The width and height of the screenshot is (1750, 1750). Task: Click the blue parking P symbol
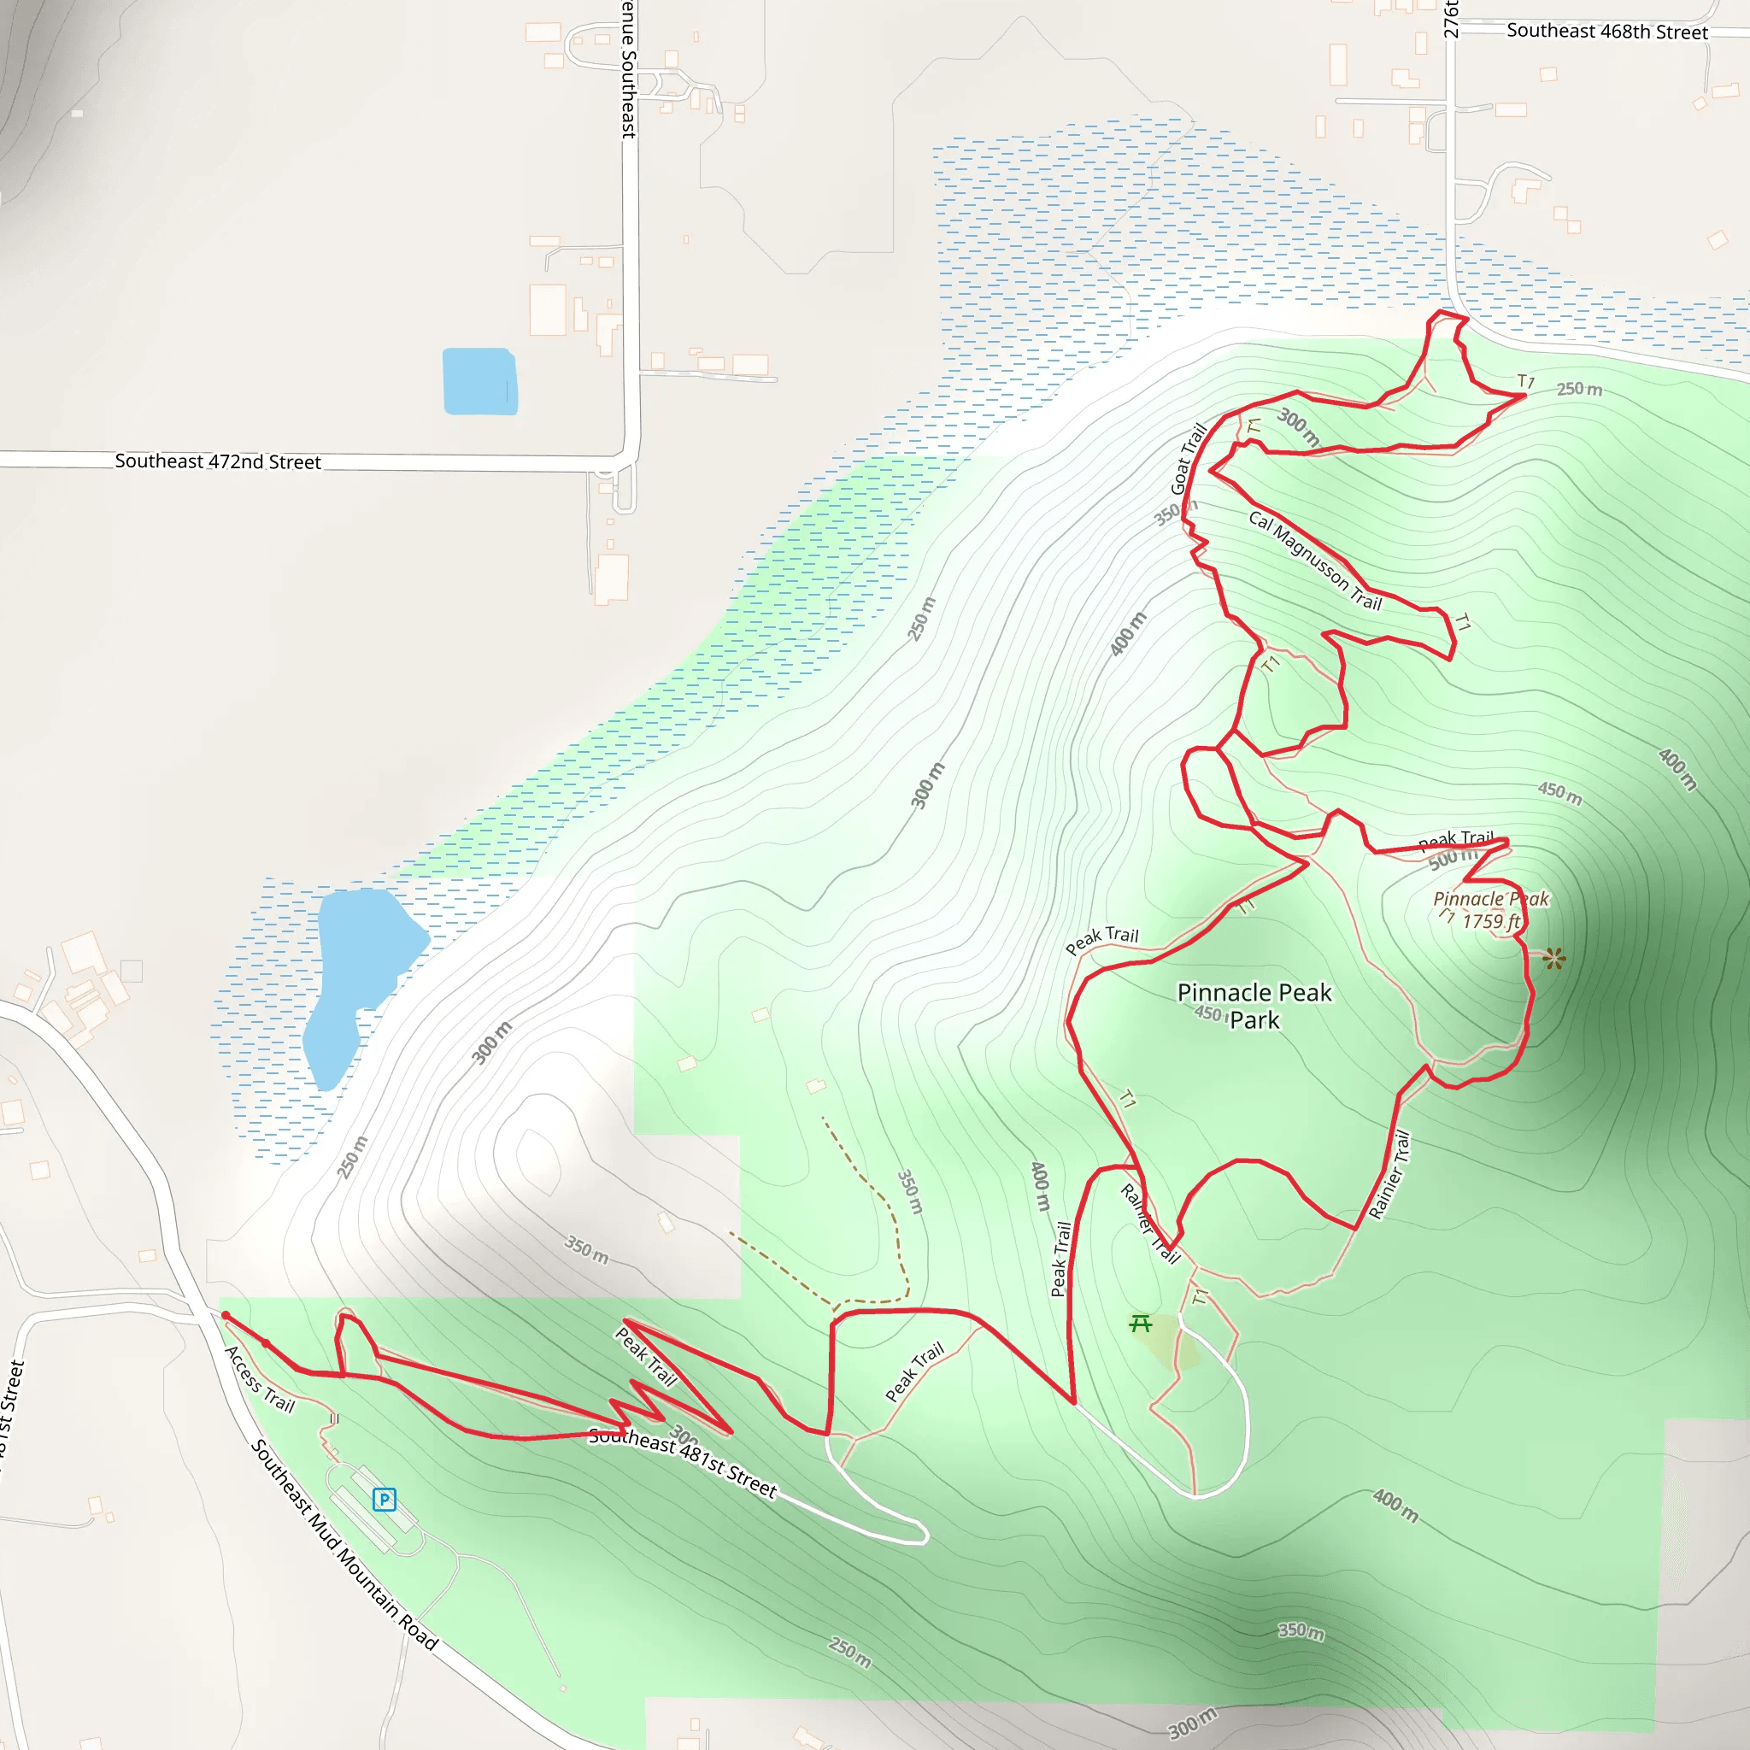coord(384,1499)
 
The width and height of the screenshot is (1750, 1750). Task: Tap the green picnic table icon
coord(1141,1324)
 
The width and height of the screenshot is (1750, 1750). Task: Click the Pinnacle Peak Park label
coord(1254,1006)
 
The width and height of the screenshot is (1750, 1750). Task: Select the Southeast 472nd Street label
coord(217,461)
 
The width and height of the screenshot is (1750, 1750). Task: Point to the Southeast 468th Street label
coord(1607,32)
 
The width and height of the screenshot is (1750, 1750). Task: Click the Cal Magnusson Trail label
coord(1314,561)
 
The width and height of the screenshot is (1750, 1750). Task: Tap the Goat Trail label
coord(1189,458)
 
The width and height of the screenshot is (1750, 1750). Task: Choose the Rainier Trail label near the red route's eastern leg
coord(1389,1174)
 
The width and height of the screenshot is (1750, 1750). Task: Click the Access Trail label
coord(260,1378)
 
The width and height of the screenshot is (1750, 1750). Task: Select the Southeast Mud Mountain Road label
coord(344,1544)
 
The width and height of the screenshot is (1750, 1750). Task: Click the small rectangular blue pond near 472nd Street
coord(479,381)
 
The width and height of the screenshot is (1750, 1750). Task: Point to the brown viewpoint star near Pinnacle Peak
coord(1554,959)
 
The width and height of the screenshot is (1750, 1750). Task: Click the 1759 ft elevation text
coord(1491,921)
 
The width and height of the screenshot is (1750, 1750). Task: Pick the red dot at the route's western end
coord(226,1316)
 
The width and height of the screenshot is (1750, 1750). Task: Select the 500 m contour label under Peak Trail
coord(1451,858)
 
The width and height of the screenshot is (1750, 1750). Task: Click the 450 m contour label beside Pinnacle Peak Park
coord(1208,1013)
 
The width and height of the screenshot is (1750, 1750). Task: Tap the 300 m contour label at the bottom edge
coord(1192,1723)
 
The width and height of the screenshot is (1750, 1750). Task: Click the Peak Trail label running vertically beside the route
coord(1060,1259)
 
